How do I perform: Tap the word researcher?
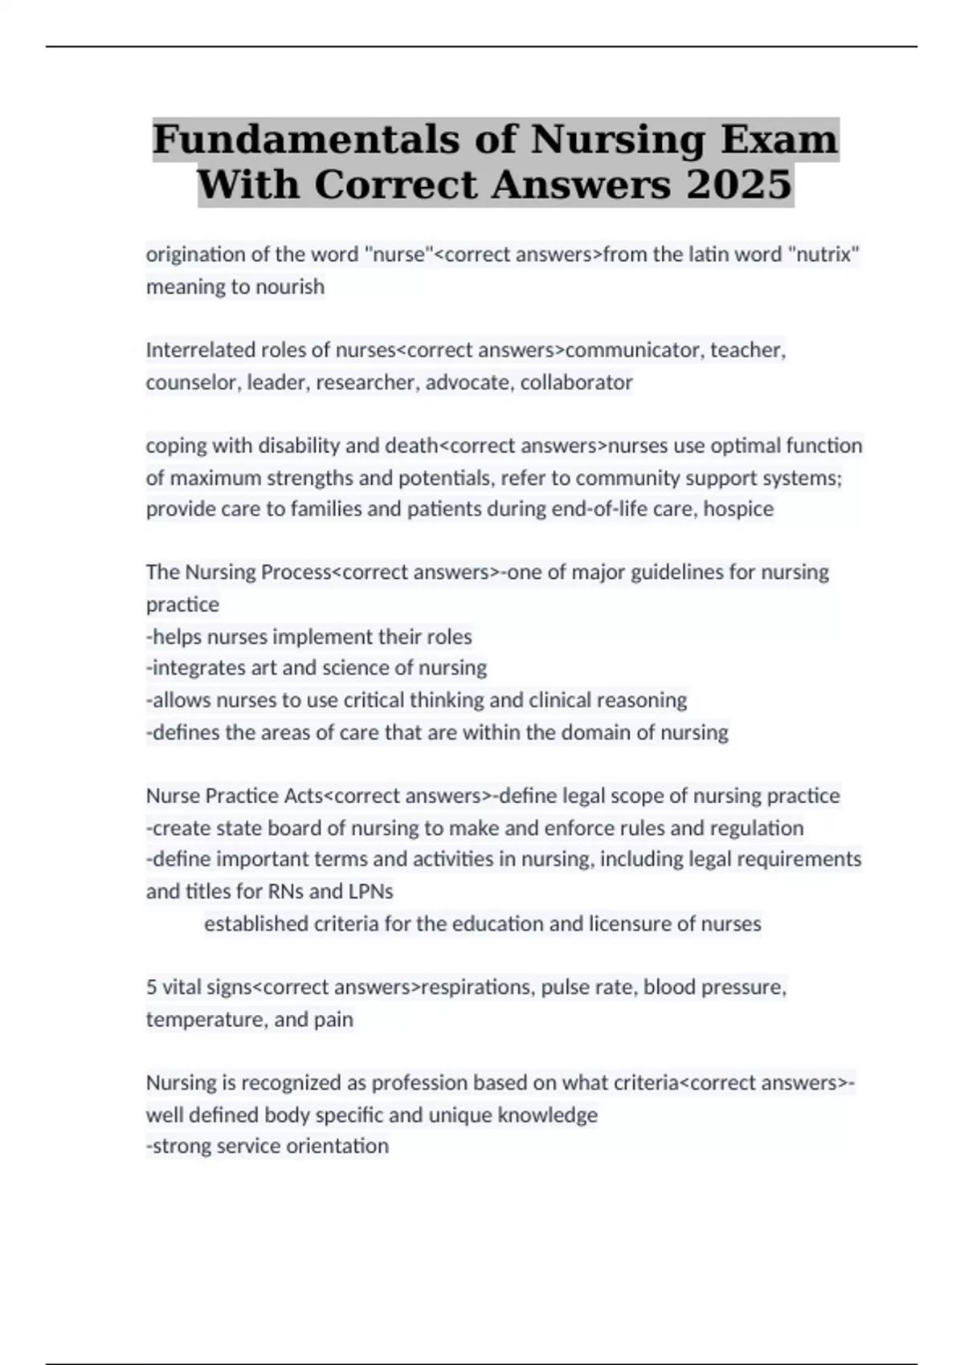[367, 382]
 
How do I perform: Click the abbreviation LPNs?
[371, 891]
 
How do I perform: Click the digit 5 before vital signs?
[151, 987]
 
